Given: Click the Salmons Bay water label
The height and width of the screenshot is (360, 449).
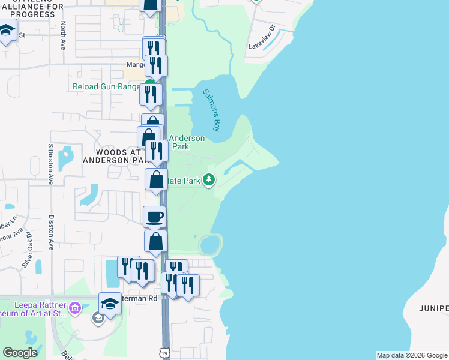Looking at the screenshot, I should coord(212,110).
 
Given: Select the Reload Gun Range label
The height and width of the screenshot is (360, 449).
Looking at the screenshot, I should coord(107,86).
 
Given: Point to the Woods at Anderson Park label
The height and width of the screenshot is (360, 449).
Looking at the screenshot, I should coord(113,157).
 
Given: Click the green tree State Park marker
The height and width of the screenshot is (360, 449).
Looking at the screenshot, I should coord(209,180).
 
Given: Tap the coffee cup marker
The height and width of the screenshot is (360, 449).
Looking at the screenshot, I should coord(155,217).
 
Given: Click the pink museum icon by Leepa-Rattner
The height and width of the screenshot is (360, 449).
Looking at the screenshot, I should coord(75,309).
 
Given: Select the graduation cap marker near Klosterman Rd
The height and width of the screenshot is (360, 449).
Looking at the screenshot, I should coord(110,304).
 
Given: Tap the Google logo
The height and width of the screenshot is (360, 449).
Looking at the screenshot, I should coord(20,352).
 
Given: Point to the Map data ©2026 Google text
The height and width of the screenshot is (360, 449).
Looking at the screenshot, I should coord(412,355).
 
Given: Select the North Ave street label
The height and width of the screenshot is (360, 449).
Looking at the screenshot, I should coord(63,35).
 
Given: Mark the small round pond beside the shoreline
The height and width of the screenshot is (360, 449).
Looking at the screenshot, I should coord(210,245).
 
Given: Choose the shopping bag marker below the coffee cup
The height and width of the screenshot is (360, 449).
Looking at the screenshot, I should coord(155,242).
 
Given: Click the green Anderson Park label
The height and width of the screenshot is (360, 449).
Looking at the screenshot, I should coord(187,142).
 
